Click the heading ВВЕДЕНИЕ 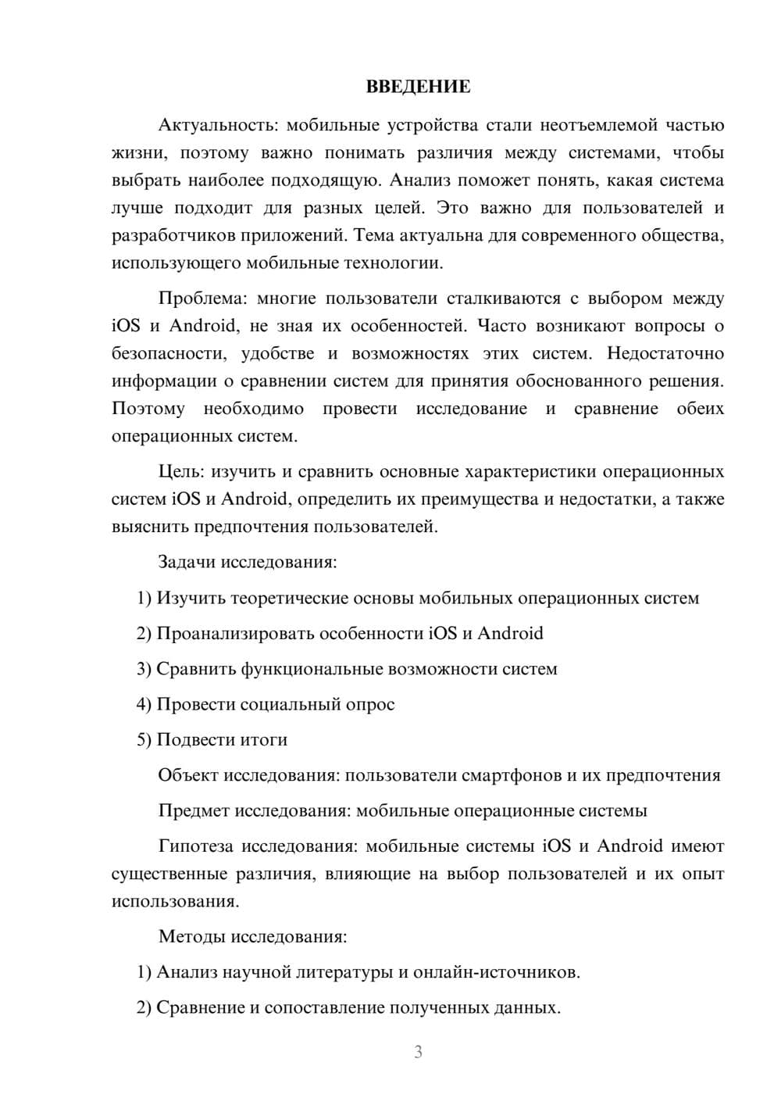(x=418, y=87)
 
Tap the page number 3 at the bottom (x=418, y=1052)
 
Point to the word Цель (x=181, y=472)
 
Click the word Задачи (x=187, y=562)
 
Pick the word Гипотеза (x=196, y=846)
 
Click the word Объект (x=187, y=775)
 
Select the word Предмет (x=194, y=810)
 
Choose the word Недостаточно (x=665, y=354)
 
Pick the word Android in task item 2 (x=510, y=633)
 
